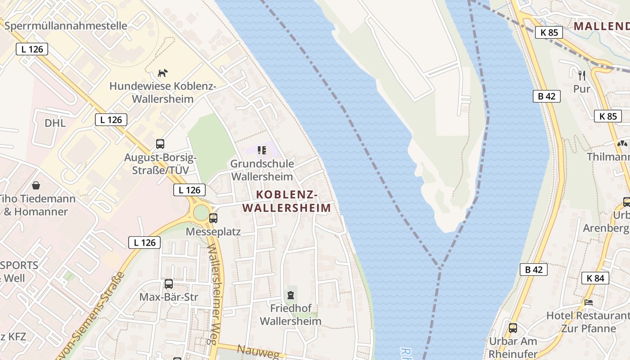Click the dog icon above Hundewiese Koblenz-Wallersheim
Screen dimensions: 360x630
[x=162, y=73]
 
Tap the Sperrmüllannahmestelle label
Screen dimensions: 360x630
[x=66, y=26]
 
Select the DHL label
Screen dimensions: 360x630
[x=55, y=123]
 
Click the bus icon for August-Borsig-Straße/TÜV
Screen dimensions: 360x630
[x=160, y=144]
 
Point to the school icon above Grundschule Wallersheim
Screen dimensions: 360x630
[x=261, y=150]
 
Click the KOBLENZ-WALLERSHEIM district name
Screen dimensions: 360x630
[x=287, y=201]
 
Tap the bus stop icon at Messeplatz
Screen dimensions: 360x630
[x=213, y=218]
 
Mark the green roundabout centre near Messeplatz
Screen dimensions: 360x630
[x=201, y=213]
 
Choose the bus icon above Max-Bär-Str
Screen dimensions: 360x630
[x=169, y=284]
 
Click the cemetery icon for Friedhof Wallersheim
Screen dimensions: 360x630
[x=291, y=295]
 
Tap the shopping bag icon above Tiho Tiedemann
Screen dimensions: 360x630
[x=36, y=185]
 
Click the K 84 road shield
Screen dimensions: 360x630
[x=595, y=278]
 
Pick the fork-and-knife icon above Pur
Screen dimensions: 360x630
[x=581, y=75]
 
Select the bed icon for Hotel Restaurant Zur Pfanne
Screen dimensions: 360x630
[x=588, y=302]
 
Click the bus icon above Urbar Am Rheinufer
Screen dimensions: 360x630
[x=513, y=328]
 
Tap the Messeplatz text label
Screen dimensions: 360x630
[x=213, y=232]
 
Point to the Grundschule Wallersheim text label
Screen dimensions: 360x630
[x=261, y=170]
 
